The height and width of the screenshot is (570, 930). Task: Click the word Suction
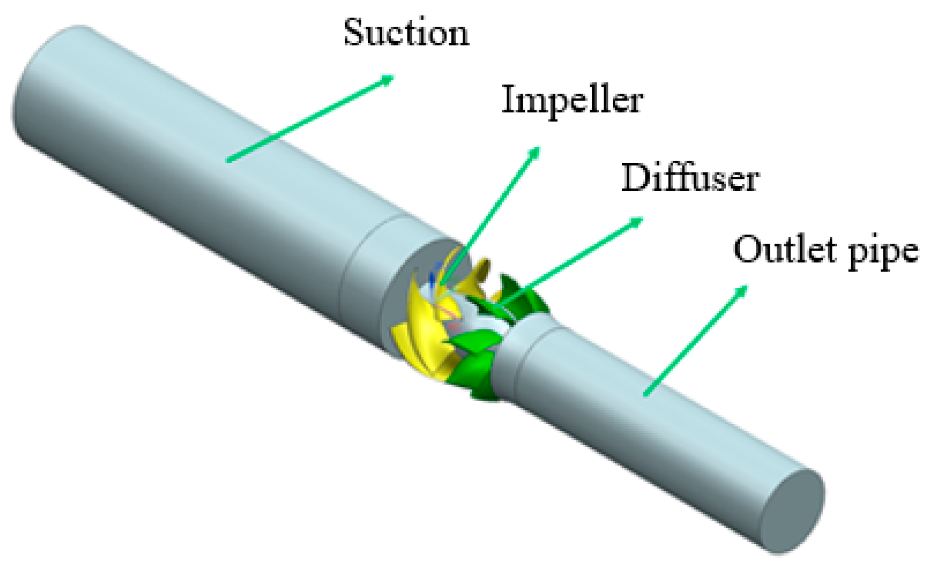(406, 33)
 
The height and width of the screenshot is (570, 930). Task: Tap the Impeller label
(572, 101)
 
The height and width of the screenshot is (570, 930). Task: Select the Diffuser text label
(690, 178)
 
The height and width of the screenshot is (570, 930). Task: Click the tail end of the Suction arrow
(228, 161)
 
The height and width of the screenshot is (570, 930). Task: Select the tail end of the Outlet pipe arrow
(646, 395)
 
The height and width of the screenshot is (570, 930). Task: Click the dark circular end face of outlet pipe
(793, 511)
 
